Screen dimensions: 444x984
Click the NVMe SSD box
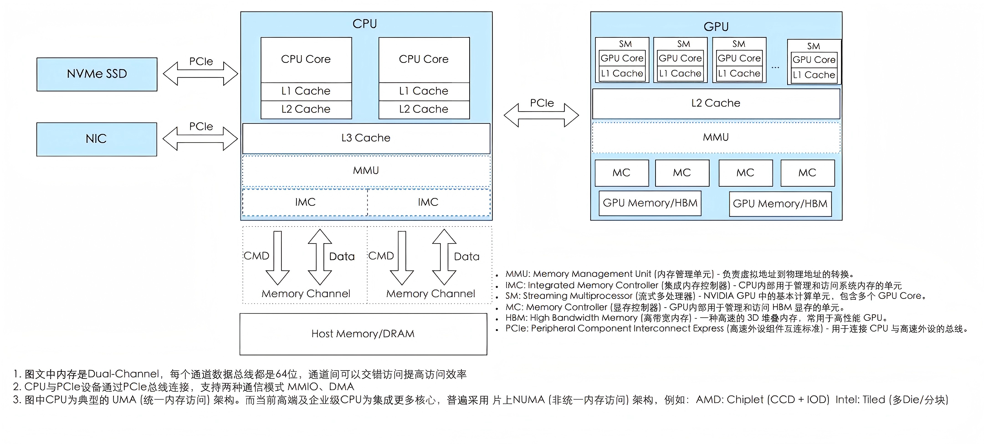[97, 74]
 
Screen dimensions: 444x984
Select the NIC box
[97, 139]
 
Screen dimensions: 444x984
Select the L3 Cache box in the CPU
[366, 138]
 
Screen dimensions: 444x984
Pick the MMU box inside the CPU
[366, 170]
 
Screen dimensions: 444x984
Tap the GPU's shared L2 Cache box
[716, 103]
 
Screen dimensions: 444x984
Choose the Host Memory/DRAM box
[363, 334]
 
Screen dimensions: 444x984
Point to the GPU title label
[716, 26]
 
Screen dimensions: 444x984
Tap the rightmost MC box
[807, 173]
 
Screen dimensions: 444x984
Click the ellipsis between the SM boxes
[775, 67]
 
